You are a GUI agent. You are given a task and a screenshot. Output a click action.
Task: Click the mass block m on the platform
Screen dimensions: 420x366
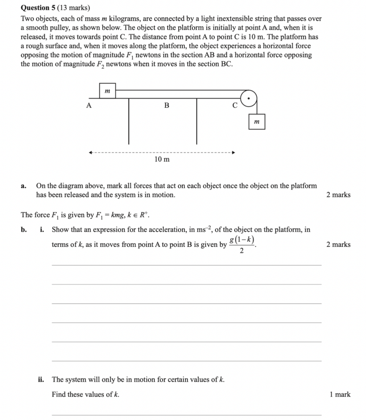(107, 91)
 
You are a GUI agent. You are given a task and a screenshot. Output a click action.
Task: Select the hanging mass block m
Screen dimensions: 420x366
(257, 122)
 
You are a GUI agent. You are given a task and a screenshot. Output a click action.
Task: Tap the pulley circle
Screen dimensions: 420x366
(249, 99)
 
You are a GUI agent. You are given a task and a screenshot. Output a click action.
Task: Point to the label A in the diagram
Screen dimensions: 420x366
(89, 105)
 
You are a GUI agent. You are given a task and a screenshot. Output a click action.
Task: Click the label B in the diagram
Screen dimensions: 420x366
(166, 105)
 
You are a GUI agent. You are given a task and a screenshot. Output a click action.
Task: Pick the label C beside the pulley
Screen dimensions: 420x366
(235, 105)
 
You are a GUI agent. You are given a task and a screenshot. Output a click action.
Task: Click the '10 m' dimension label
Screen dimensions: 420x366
(162, 159)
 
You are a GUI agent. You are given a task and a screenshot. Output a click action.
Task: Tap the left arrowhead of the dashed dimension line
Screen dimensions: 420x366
(90, 152)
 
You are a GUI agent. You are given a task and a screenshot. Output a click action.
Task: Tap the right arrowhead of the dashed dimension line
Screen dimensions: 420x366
(233, 152)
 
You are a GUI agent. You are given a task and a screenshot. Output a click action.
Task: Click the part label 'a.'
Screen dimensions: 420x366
(23, 186)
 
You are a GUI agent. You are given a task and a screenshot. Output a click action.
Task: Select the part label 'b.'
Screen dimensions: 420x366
(24, 230)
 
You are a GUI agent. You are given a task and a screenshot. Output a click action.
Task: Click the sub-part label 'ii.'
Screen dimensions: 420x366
(41, 379)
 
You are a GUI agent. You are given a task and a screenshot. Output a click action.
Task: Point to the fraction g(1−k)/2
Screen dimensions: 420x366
(242, 245)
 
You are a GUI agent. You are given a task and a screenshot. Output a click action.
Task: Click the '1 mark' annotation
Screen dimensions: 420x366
(340, 394)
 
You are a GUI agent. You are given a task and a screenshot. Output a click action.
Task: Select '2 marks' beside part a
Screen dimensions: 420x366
(338, 195)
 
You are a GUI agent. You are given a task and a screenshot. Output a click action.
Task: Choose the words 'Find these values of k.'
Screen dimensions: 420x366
(85, 394)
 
